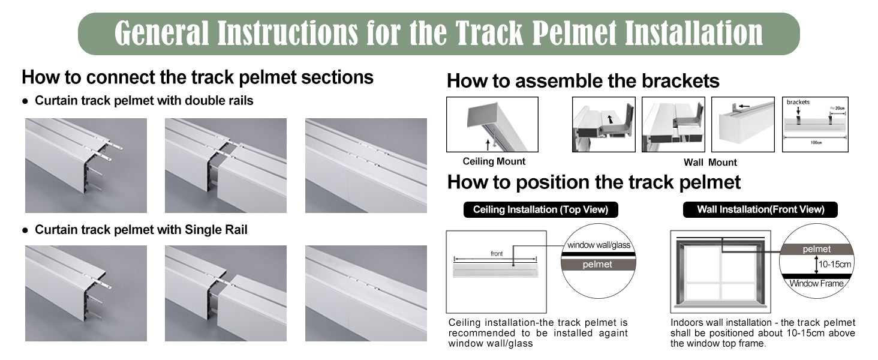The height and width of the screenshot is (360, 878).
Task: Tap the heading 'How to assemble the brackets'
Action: point(583,81)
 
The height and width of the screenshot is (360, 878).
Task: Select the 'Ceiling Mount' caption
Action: point(494,161)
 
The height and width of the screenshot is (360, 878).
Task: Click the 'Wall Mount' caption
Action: point(710,163)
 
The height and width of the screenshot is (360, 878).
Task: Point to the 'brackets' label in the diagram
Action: point(798,102)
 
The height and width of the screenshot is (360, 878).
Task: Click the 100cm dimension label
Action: point(816,142)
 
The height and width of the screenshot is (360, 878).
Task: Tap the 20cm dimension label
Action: point(837,108)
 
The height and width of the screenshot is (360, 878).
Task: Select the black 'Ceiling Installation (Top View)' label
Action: point(540,209)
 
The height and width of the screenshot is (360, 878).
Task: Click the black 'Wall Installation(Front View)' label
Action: point(760,209)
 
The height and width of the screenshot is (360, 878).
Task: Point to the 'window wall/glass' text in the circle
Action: point(599,245)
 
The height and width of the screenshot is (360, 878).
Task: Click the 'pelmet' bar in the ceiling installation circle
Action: point(598,265)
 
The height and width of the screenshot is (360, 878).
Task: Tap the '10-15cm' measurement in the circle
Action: point(834,265)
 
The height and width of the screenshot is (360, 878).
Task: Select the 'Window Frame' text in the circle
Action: point(816,284)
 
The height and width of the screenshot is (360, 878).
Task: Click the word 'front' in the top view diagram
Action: point(497,254)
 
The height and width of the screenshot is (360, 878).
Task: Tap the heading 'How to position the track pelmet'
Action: point(594,182)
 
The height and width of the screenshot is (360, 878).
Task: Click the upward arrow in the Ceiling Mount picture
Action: point(488,145)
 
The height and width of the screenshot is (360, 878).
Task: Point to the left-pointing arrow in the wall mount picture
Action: point(744,106)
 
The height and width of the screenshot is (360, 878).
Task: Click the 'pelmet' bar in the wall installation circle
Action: point(816,249)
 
